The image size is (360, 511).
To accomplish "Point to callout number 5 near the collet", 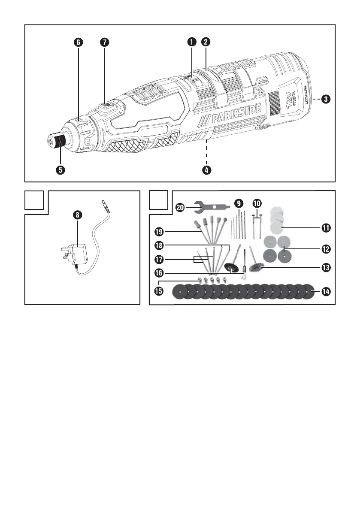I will [x=60, y=170].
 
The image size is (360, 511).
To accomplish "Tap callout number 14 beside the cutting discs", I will [x=326, y=291].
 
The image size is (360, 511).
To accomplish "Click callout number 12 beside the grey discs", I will [x=326, y=249].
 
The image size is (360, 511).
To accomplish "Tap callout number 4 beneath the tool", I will [x=206, y=170].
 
